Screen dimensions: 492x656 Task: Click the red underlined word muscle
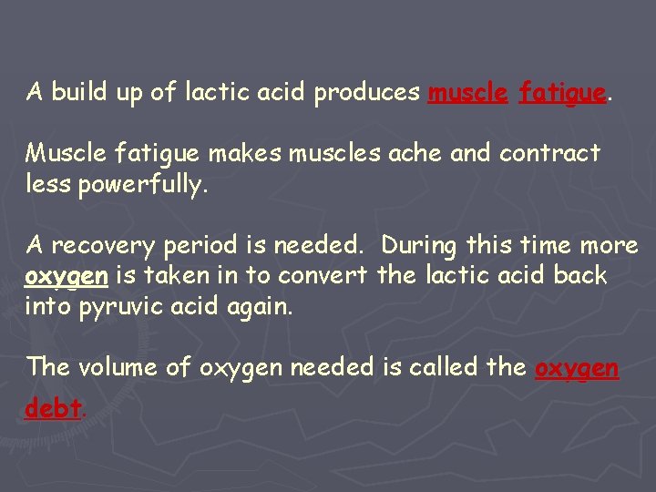tap(467, 93)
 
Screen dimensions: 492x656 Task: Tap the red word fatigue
tap(562, 93)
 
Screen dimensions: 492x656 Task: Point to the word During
tap(420, 245)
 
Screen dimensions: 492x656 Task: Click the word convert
tap(323, 276)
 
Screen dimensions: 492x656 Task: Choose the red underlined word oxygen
tap(577, 368)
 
